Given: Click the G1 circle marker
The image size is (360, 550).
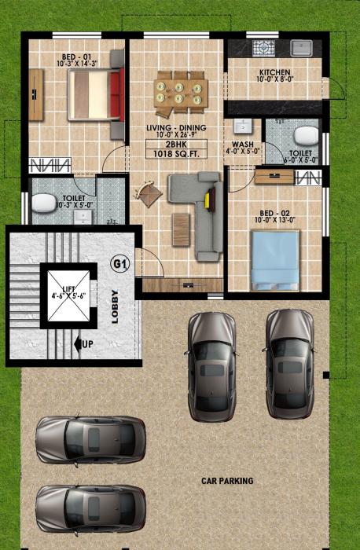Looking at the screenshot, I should coord(119,264).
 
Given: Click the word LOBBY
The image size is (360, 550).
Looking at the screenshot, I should coord(115,306).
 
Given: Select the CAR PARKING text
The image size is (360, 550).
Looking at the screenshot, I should coord(227,479).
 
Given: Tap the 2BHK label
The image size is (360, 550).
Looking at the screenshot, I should coord(176,145).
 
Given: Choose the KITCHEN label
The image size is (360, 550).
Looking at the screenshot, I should coord(275,72).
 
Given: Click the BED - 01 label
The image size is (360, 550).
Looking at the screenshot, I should coord(75,57).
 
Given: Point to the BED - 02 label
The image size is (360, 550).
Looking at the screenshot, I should coord(277,212).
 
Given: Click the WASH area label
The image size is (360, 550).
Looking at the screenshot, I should coord(241,145).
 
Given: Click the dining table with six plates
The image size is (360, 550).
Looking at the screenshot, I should coord(181,88).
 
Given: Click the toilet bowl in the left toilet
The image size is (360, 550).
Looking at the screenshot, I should coord(42,203).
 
